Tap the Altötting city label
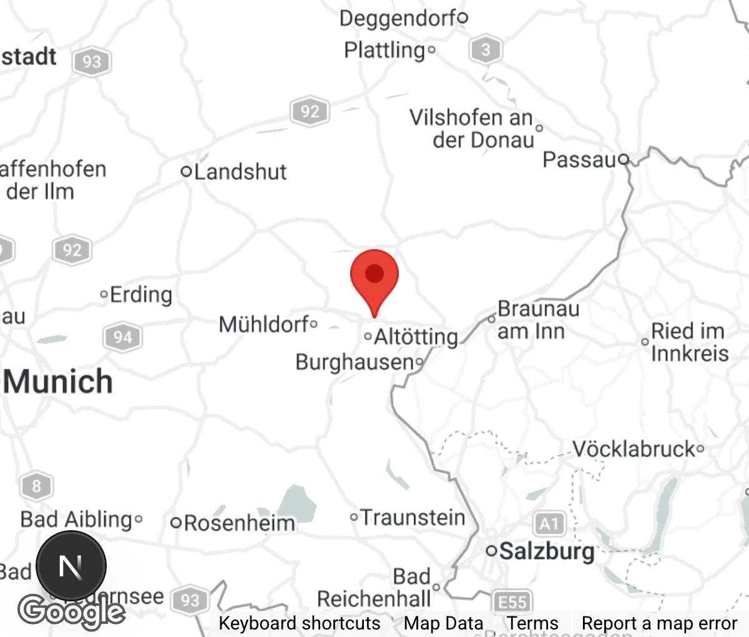[416, 337]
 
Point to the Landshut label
[240, 172]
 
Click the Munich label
[59, 382]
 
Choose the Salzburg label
[547, 551]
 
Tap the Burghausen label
[355, 362]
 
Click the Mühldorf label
[264, 324]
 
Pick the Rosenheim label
[239, 523]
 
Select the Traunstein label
[413, 517]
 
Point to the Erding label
[140, 294]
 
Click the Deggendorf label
[398, 18]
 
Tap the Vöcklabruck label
[634, 448]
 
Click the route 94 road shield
[122, 338]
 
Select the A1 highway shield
[549, 523]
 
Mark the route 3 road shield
[486, 49]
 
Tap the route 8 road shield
[36, 486]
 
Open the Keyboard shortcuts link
[299, 623]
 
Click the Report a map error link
[659, 623]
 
